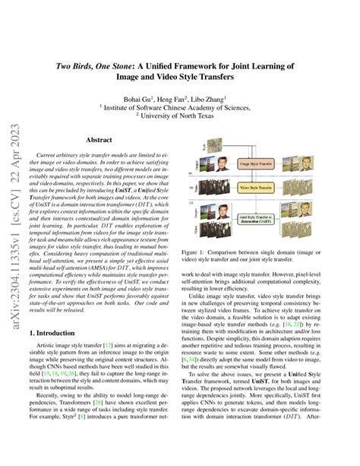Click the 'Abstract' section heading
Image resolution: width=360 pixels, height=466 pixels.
(99, 141)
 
